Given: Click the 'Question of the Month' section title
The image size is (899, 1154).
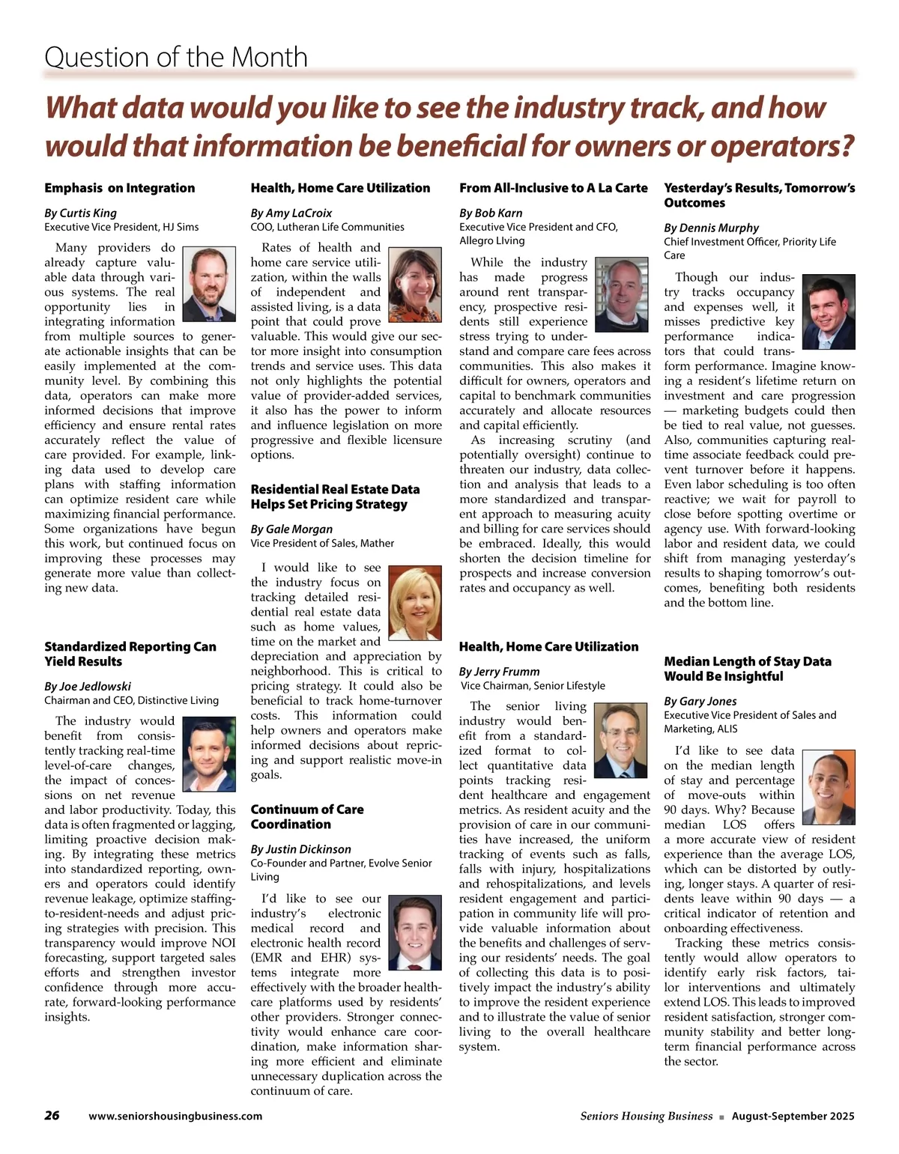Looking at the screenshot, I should (x=176, y=57).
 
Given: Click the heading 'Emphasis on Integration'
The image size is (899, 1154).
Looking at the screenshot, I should (x=119, y=188).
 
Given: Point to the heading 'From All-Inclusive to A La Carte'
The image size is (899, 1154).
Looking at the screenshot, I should (x=553, y=188).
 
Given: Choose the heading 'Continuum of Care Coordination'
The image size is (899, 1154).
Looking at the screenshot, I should (x=306, y=816).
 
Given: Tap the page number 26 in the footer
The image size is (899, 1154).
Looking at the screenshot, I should (x=52, y=1115).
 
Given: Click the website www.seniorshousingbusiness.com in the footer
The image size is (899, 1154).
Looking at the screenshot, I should (x=175, y=1116).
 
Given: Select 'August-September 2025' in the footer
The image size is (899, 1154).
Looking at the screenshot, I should (x=793, y=1116).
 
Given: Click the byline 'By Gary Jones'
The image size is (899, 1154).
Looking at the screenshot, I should (x=700, y=701).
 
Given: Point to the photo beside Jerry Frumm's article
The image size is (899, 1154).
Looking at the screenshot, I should (x=620, y=741).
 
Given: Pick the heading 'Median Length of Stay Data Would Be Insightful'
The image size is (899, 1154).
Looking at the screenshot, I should (x=747, y=669).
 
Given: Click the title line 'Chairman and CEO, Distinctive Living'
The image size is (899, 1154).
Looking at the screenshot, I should (x=131, y=700).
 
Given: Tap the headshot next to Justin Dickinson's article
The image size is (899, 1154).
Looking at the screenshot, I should (x=416, y=932).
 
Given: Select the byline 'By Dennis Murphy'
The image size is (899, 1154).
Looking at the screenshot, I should (x=711, y=228).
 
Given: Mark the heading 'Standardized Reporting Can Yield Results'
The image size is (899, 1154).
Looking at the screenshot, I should (x=130, y=654).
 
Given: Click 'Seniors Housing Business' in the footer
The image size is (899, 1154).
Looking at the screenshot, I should (x=646, y=1116).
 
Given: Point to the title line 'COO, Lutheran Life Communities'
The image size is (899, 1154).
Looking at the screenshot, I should (x=327, y=227).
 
